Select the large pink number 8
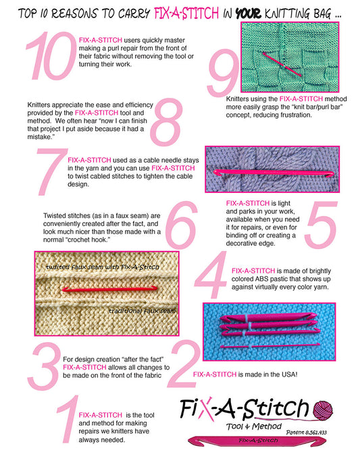pyautogui.click(x=166, y=121)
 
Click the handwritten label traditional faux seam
pyautogui.click(x=141, y=310)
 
